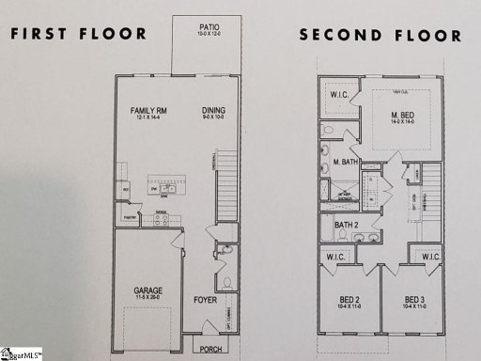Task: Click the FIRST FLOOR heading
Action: [x=78, y=35]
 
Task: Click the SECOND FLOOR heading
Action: [x=380, y=36]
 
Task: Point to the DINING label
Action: [x=214, y=111]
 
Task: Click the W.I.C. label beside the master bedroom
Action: [x=339, y=95]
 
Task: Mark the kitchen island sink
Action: [x=164, y=187]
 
